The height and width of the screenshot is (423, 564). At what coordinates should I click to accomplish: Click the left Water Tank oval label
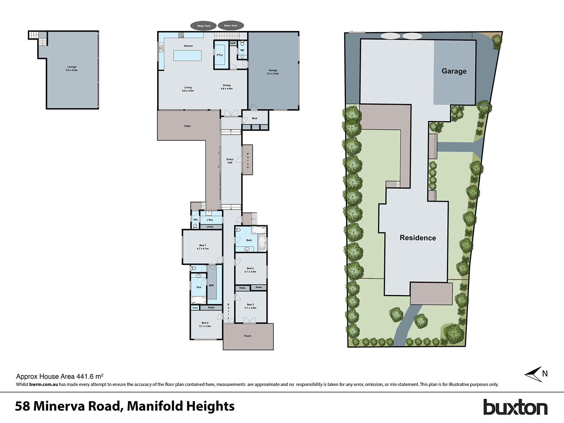[x=203, y=26]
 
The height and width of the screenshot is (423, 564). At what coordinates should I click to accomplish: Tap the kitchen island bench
[x=188, y=56]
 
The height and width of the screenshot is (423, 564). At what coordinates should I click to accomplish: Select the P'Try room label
[x=220, y=55]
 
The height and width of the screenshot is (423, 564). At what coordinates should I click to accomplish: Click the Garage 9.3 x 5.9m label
[x=273, y=72]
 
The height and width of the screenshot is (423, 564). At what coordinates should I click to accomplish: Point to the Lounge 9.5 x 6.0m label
[x=72, y=68]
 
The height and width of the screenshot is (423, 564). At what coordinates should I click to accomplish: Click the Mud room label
[x=255, y=118]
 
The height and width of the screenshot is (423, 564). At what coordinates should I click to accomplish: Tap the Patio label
[x=187, y=126]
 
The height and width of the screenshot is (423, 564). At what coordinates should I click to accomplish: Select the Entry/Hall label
[x=230, y=161]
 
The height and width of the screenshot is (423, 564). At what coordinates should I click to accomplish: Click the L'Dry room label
[x=210, y=220]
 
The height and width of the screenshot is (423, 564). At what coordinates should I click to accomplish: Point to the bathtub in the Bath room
[x=262, y=242]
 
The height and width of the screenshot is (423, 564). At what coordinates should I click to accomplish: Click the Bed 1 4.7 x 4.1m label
[x=202, y=247]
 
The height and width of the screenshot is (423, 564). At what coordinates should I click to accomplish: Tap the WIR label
[x=211, y=286]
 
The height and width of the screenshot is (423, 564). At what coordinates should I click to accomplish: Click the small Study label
[x=195, y=308]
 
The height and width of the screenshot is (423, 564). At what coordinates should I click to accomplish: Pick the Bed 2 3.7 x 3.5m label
[x=205, y=324]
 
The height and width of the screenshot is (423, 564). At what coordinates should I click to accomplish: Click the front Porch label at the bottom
[x=247, y=336]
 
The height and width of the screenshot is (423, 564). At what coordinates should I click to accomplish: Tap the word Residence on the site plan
[x=418, y=238]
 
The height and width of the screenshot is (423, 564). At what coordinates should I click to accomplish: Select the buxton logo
[x=515, y=407]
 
